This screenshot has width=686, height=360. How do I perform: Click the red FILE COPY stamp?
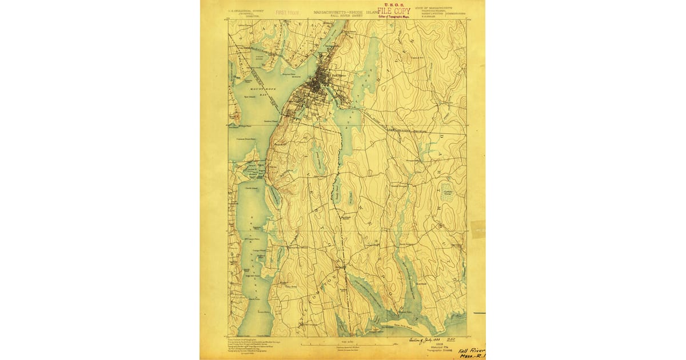tap(394, 11)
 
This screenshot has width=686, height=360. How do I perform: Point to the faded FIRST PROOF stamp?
tap(288, 11)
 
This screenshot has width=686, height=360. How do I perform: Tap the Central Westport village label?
tap(398, 184)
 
